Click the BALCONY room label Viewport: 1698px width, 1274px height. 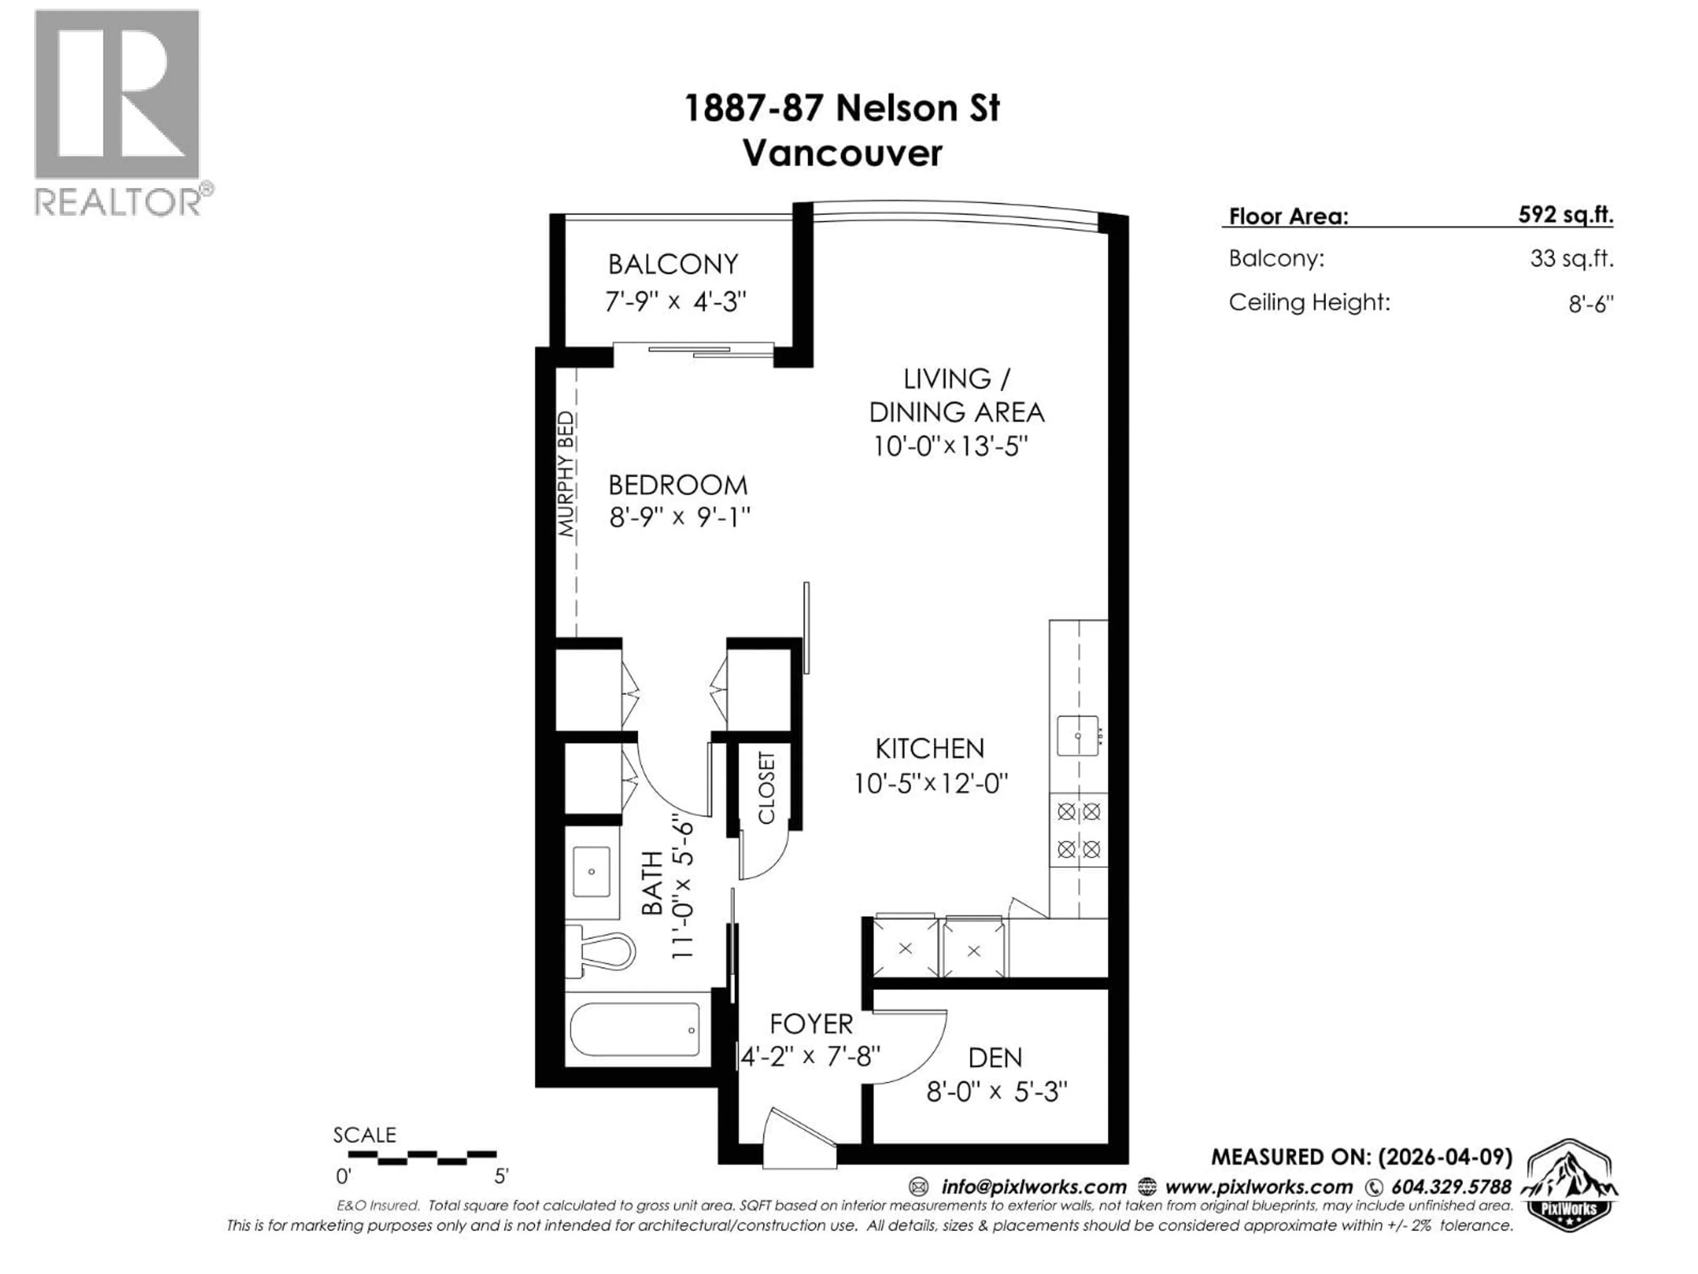pyautogui.click(x=673, y=264)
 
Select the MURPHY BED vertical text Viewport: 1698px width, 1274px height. pyautogui.click(x=566, y=474)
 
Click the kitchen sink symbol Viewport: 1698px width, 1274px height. pyautogui.click(x=1078, y=735)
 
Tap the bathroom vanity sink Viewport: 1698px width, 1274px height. pyautogui.click(x=591, y=871)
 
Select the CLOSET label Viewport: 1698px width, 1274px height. pyautogui.click(x=766, y=788)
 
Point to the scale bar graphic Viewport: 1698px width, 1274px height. pyautogui.click(x=414, y=1156)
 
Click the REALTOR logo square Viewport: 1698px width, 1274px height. pyautogui.click(x=117, y=95)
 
